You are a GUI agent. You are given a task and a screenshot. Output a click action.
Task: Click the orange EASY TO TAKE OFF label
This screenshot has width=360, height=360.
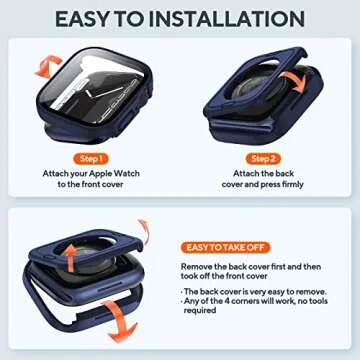click(225, 247)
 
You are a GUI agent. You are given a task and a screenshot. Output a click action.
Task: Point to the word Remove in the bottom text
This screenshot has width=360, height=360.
click(197, 268)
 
